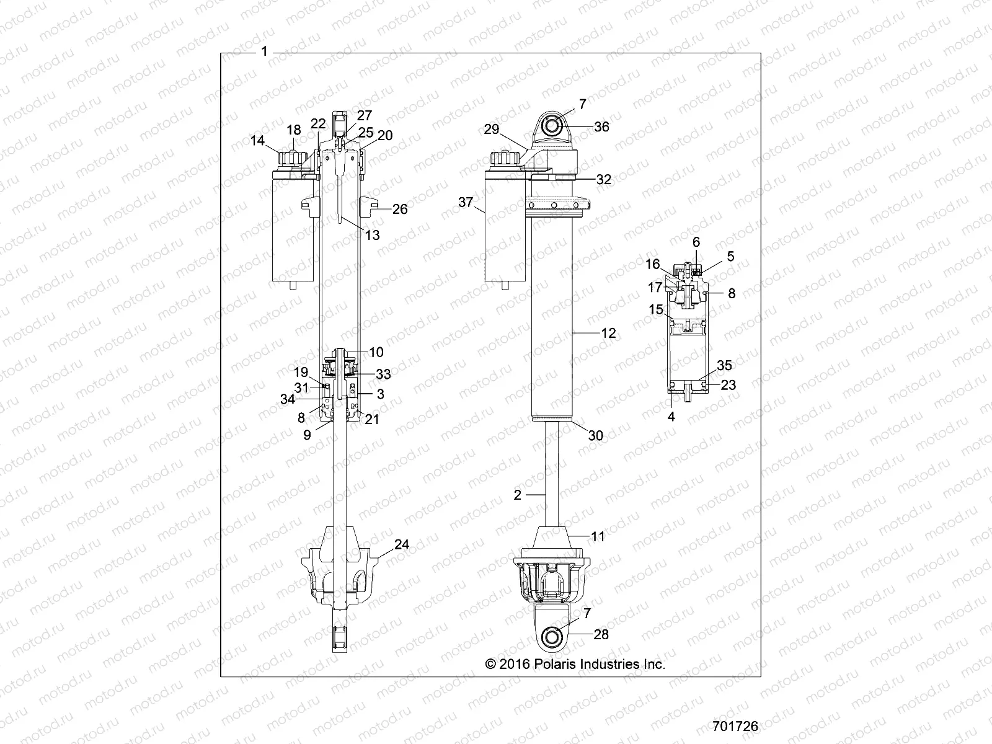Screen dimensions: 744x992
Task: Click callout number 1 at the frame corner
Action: pos(264,51)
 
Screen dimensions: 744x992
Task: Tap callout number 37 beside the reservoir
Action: pos(466,202)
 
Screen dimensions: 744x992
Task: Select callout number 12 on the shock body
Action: pos(609,333)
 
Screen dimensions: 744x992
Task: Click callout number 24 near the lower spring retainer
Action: pos(402,544)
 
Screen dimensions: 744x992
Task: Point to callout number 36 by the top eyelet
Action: pos(601,126)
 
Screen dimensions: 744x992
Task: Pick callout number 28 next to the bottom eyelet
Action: pos(601,634)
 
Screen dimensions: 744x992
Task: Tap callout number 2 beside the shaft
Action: pos(518,495)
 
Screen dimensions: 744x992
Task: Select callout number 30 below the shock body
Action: pos(595,435)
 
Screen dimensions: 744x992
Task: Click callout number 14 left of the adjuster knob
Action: pos(257,141)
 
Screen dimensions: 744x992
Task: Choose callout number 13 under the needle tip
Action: pos(373,235)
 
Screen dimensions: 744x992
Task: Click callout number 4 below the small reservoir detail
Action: pos(671,417)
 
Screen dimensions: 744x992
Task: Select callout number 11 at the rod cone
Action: pos(597,536)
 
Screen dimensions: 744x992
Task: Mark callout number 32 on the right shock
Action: pos(603,180)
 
